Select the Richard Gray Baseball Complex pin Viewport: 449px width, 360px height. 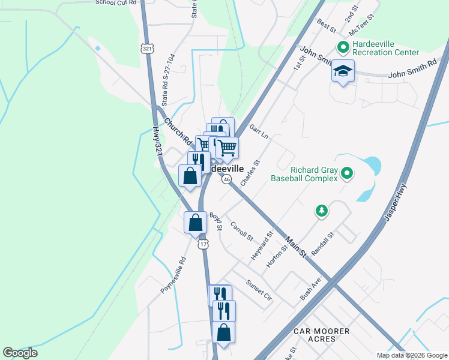pos(346,174)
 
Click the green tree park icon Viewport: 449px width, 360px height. pos(322,211)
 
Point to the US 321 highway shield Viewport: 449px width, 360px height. pos(147,48)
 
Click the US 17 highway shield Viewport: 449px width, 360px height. pos(204,244)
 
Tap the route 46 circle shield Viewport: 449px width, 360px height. pos(226,179)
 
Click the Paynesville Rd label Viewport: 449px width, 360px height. pos(173,275)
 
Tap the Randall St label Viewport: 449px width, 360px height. pos(322,244)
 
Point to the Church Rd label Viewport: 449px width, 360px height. pos(178,131)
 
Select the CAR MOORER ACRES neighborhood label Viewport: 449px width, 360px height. pos(322,335)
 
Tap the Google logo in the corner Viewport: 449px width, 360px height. pos(20,353)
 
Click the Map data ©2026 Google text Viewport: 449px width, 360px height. pos(411,355)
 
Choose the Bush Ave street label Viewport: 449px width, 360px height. pos(311,289)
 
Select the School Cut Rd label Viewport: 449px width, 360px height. pos(116,2)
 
